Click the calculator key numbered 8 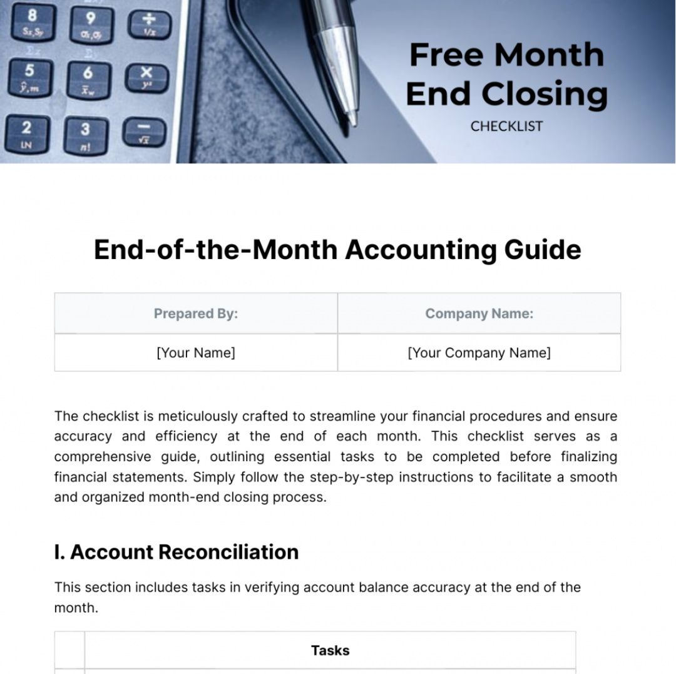30,21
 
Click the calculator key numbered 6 88,80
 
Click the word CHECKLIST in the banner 506,126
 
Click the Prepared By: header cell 196,314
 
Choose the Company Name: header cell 479,314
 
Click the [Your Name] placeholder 196,353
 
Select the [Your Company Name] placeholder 479,353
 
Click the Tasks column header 330,651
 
